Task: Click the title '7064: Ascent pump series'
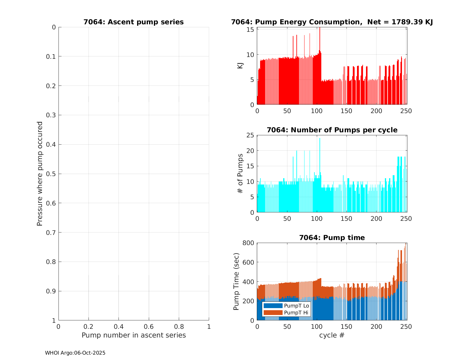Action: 133,22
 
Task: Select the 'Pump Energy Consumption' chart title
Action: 332,22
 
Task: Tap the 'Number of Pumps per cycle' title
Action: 332,130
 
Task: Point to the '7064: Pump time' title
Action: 332,238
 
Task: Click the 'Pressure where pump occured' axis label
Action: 40,174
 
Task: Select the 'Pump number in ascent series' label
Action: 133,335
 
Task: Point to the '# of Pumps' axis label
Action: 240,173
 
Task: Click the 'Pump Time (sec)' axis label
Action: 236,281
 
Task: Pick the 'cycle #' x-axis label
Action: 332,335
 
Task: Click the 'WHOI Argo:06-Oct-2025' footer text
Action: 75,353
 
